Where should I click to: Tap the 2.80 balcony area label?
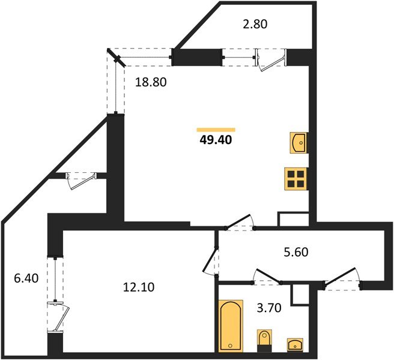255,25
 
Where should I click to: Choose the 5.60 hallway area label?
294,253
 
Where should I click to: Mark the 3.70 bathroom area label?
269,308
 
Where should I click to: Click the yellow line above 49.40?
216,129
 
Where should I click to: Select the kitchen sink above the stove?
298,142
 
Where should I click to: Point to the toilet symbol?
263,340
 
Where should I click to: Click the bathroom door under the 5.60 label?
267,277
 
